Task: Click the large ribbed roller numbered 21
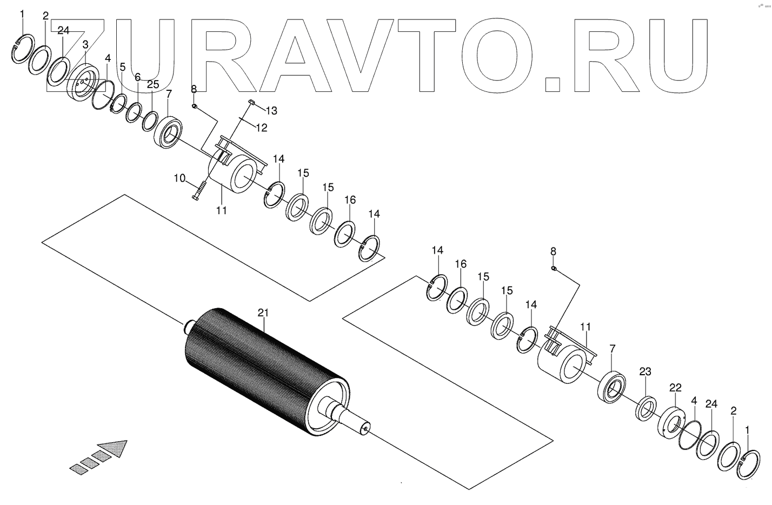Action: (265, 368)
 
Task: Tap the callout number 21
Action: (263, 313)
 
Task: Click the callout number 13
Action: (271, 111)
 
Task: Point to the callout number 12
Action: (262, 128)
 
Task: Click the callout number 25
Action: (153, 84)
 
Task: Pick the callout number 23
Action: (645, 371)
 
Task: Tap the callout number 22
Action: (675, 388)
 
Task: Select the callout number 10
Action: (179, 178)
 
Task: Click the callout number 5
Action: (123, 67)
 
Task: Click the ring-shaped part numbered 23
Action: (646, 408)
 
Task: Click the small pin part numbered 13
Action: (252, 102)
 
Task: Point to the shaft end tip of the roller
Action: (367, 427)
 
